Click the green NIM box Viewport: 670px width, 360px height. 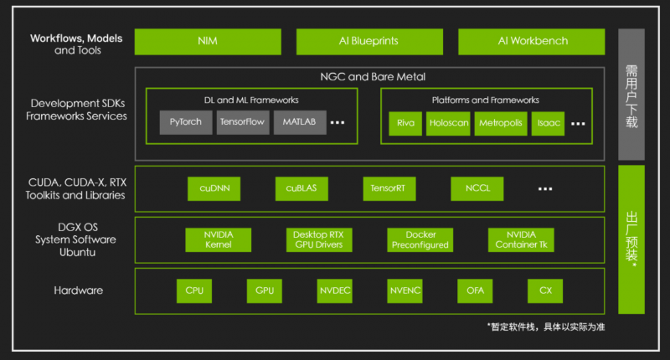[x=207, y=41]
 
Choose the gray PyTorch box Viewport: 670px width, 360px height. [x=186, y=122]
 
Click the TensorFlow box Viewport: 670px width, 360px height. [x=242, y=122]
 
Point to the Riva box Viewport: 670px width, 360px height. [x=405, y=122]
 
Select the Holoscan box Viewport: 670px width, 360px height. [x=447, y=122]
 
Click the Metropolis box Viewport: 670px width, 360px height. [x=499, y=122]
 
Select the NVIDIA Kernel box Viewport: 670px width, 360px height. [x=218, y=239]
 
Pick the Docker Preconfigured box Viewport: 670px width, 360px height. [x=420, y=239]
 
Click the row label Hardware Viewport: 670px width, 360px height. [x=78, y=291]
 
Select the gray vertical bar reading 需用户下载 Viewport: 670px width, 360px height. [x=631, y=94]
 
